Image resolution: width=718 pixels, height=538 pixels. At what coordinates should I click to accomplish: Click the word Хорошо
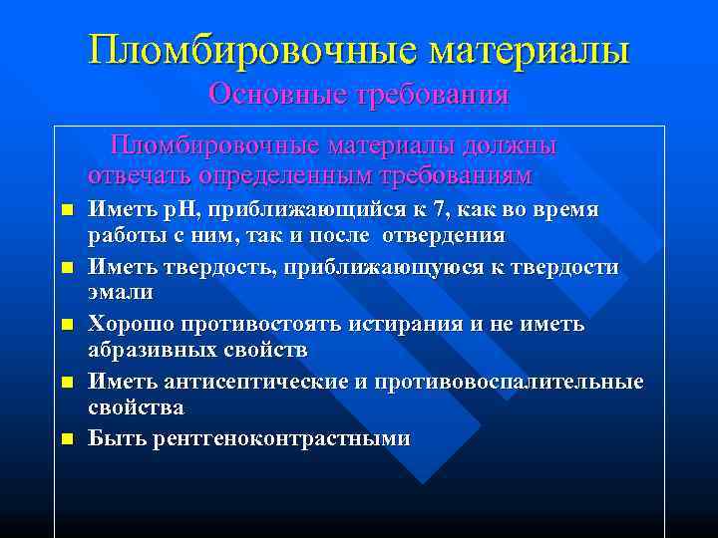(129, 325)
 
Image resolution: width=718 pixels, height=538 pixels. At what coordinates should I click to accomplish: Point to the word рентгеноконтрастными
(280, 439)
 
